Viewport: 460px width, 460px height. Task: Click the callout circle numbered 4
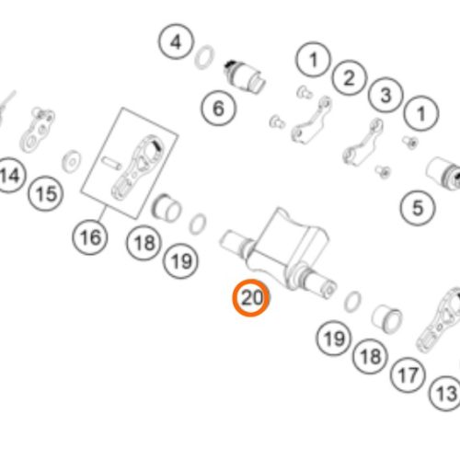pos(176,41)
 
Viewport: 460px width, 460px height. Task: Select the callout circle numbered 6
pos(219,108)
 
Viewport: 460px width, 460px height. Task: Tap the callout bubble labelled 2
pos(349,77)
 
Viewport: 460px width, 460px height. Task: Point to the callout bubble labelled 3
pos(385,95)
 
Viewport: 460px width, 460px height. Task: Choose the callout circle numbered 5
pos(418,208)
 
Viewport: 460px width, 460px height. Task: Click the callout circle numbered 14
pos(10,175)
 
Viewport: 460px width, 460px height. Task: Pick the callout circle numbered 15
pos(46,193)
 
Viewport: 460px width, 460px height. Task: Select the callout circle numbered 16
pos(90,237)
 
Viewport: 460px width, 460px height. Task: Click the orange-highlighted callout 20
pos(251,297)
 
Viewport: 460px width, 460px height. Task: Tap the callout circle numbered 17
pos(408,374)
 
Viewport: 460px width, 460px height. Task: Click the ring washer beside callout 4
pos(204,57)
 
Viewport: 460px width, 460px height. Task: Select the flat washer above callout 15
pos(72,161)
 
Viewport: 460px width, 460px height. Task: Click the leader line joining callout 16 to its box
pos(103,213)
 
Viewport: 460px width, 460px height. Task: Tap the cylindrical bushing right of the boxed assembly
pos(167,208)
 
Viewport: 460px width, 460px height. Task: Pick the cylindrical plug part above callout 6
pos(245,77)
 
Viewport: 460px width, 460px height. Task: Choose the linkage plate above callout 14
pos(37,130)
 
